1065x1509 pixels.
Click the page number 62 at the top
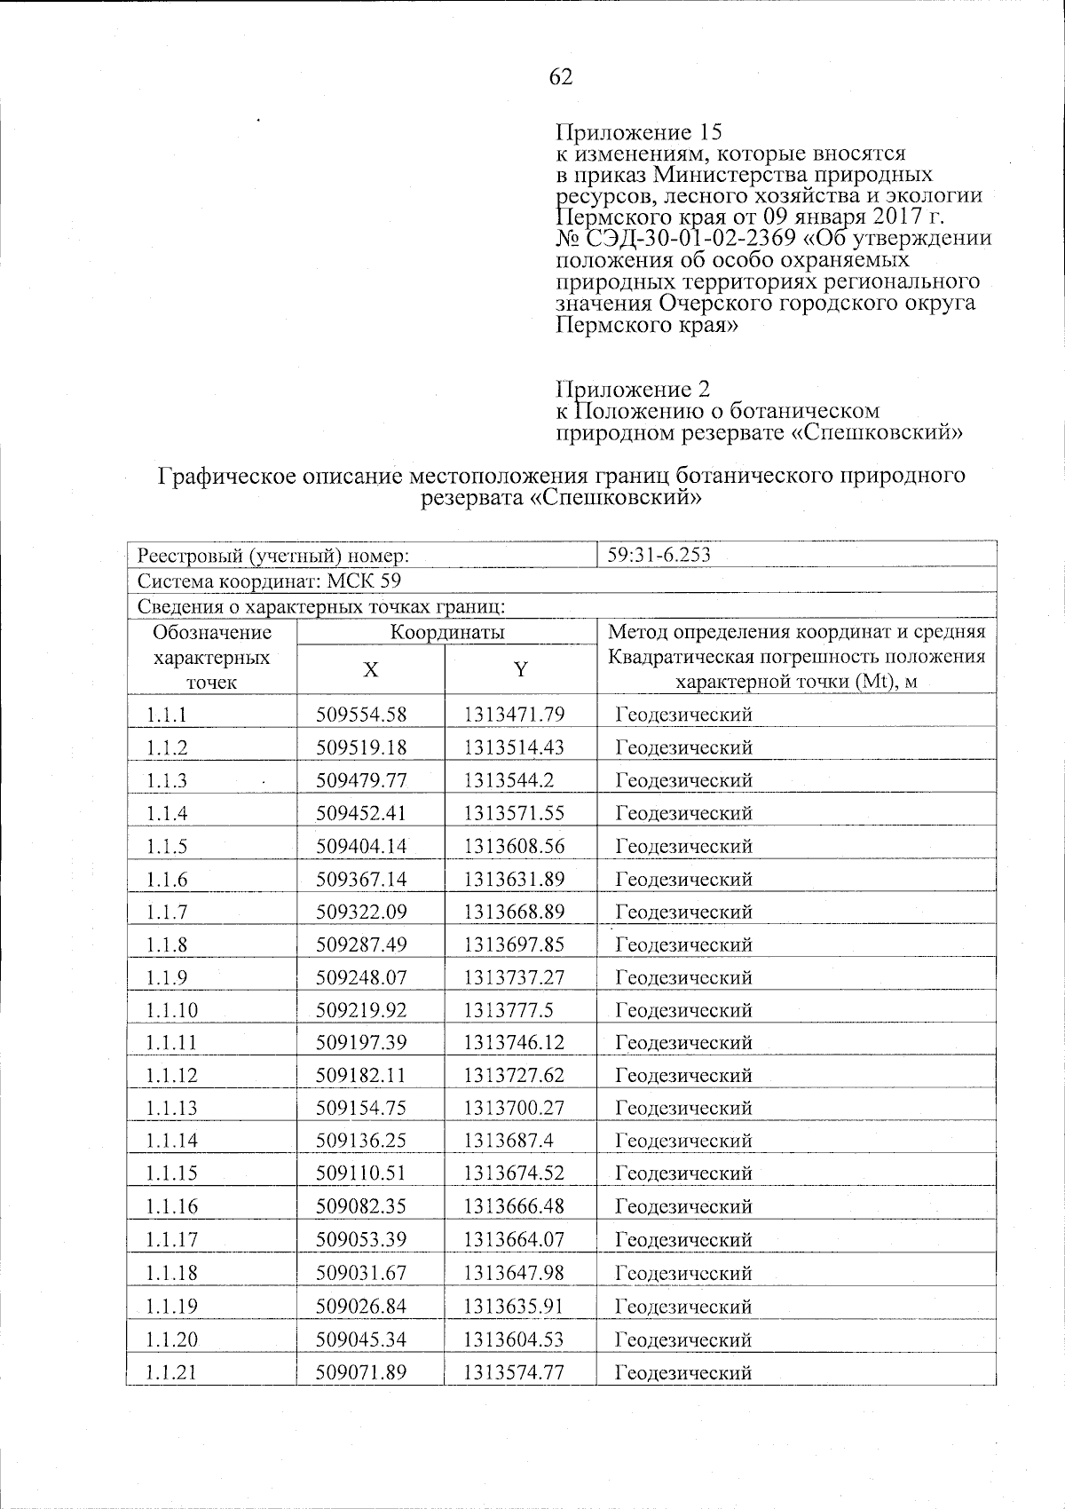click(561, 77)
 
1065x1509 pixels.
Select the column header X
click(370, 670)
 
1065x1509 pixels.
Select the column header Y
click(521, 670)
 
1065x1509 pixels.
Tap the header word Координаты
click(447, 633)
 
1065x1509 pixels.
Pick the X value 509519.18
click(361, 747)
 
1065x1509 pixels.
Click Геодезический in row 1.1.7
click(684, 912)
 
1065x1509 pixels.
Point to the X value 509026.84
click(361, 1306)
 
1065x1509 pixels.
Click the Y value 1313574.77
click(514, 1372)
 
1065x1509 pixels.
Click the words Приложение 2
click(633, 390)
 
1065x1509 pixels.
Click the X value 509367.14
click(361, 879)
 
